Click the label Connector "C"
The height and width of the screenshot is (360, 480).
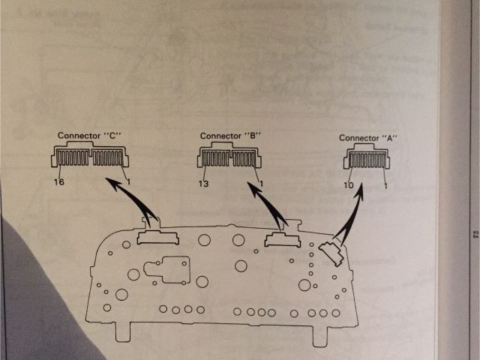point(90,136)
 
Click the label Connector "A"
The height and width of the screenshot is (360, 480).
point(367,138)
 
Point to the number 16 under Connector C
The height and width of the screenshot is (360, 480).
point(58,182)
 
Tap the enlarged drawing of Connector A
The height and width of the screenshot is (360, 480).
point(367,160)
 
